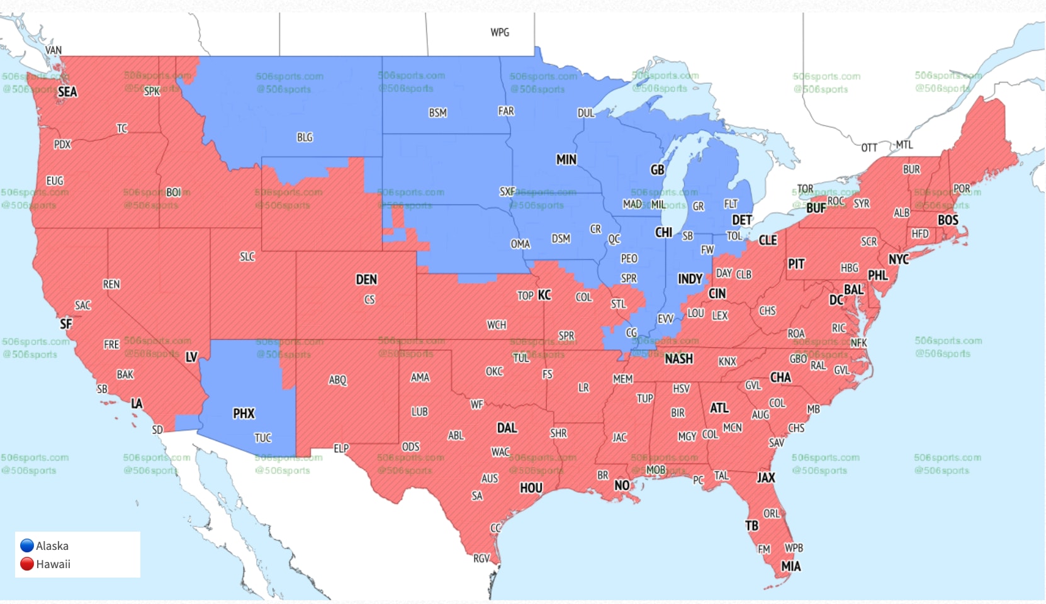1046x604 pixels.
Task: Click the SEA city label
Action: click(67, 92)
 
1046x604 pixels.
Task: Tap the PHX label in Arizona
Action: click(244, 413)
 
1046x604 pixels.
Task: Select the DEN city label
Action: click(366, 279)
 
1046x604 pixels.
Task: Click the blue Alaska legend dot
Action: click(27, 545)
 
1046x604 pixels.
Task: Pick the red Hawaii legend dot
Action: click(27, 564)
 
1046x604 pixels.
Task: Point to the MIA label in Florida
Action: click(790, 566)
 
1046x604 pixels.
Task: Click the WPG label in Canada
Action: click(500, 32)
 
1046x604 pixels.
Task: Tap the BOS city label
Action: click(948, 220)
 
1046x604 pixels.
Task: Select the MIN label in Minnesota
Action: click(566, 160)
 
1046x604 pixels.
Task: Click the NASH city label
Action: click(678, 359)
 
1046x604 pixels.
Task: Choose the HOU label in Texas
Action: click(531, 488)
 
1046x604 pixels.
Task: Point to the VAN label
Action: click(53, 50)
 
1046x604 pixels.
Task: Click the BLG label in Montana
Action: click(305, 137)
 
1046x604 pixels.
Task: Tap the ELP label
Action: click(341, 449)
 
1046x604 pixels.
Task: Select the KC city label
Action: click(544, 295)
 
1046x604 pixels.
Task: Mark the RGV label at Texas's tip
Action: click(481, 558)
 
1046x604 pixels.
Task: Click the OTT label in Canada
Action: click(869, 148)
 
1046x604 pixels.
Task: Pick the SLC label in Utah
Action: click(247, 257)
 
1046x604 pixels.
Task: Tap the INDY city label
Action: click(690, 279)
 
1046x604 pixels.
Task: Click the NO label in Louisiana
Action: click(622, 485)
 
